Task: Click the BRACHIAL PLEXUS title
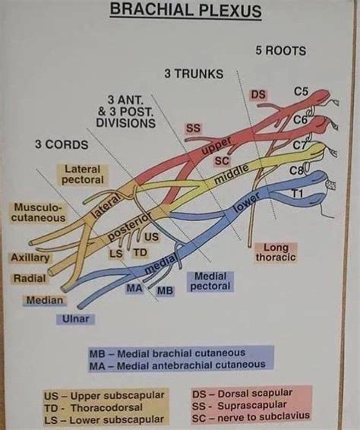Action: click(x=185, y=11)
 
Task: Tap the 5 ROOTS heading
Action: click(x=280, y=51)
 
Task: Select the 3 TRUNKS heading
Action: click(x=194, y=74)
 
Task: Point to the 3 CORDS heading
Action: click(x=61, y=144)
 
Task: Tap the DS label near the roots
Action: click(x=258, y=94)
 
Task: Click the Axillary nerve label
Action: click(x=30, y=258)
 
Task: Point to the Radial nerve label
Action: click(x=30, y=279)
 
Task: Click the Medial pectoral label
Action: click(x=210, y=281)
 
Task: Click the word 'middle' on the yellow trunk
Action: click(x=231, y=177)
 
